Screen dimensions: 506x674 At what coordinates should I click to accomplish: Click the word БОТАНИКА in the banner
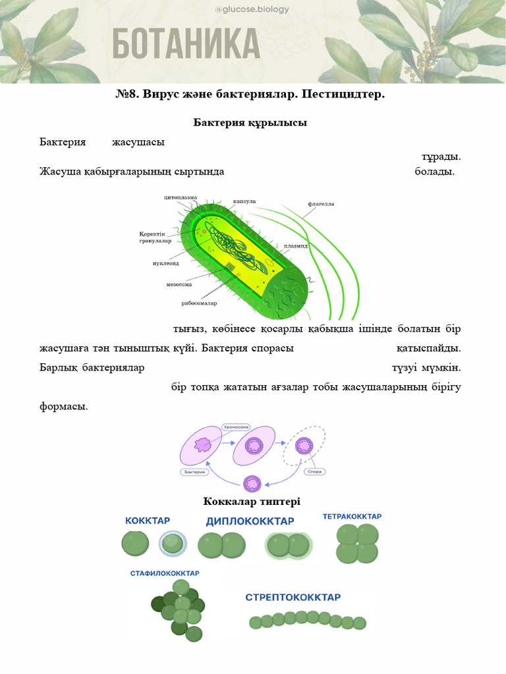pyautogui.click(x=186, y=44)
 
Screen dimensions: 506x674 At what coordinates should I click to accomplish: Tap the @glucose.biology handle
pyautogui.click(x=252, y=9)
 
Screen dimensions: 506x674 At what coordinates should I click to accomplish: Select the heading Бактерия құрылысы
pyautogui.click(x=250, y=122)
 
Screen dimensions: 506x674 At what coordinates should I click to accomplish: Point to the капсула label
pyautogui.click(x=244, y=201)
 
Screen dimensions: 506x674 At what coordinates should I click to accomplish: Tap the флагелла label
pyautogui.click(x=321, y=204)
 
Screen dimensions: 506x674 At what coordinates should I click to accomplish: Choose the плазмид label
pyautogui.click(x=296, y=246)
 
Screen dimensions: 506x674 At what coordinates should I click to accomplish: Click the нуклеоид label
pyautogui.click(x=166, y=263)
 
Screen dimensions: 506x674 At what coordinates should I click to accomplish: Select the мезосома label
pyautogui.click(x=179, y=285)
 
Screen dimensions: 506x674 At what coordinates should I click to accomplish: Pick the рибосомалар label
pyautogui.click(x=200, y=303)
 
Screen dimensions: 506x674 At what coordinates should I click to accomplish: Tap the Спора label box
pyautogui.click(x=314, y=472)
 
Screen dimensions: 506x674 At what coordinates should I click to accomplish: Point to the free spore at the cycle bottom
pyautogui.click(x=252, y=484)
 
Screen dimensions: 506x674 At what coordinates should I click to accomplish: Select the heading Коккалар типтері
pyautogui.click(x=252, y=502)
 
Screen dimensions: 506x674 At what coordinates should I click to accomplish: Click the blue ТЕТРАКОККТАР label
pyautogui.click(x=352, y=517)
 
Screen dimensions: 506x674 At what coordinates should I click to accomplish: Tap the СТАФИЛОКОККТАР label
pyautogui.click(x=164, y=573)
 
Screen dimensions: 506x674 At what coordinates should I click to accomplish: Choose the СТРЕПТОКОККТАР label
pyautogui.click(x=293, y=598)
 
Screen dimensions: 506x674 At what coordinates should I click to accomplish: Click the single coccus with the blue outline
pyautogui.click(x=173, y=544)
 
